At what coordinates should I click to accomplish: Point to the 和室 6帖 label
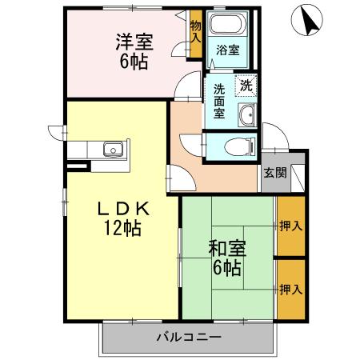click(226, 258)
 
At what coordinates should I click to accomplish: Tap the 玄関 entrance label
click(272, 172)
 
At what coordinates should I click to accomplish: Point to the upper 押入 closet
click(290, 226)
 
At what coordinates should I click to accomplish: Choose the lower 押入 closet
click(290, 288)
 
